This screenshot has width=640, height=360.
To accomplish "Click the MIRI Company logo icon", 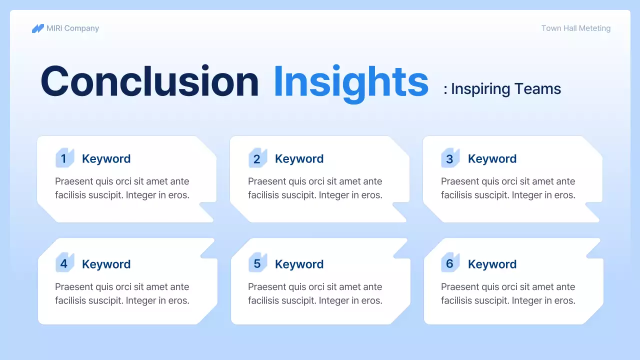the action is click(37, 28).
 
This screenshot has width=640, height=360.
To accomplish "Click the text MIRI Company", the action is click(72, 28).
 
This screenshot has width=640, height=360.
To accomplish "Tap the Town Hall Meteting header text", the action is click(576, 28).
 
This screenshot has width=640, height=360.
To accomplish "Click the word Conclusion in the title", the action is click(149, 81).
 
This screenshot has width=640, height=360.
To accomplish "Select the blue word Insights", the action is click(351, 83).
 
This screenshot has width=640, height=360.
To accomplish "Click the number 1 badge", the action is click(65, 157).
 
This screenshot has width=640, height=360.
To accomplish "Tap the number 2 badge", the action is click(257, 157).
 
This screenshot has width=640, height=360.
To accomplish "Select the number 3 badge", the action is click(450, 157).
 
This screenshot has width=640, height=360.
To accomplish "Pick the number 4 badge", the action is click(65, 262).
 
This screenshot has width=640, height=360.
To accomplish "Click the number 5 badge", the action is click(257, 262).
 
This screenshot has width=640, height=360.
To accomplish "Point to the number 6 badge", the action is click(450, 262).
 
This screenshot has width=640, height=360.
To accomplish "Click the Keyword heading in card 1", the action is click(106, 159).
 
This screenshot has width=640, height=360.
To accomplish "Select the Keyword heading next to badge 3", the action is click(492, 159).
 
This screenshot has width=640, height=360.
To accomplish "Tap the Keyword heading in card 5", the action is click(299, 264).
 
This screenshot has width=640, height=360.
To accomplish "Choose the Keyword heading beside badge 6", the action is click(492, 264).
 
